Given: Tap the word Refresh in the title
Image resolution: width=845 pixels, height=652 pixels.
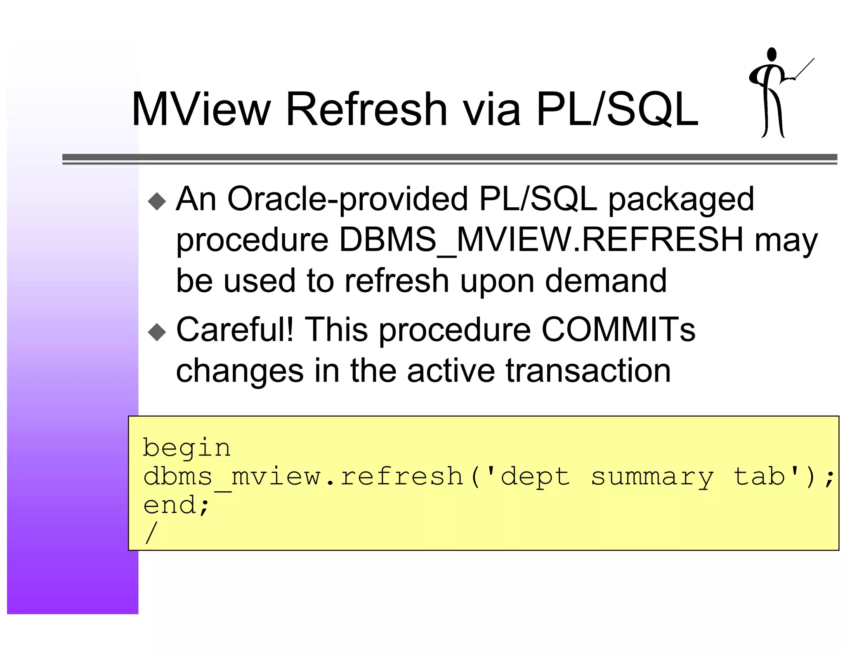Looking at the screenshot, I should (x=366, y=109).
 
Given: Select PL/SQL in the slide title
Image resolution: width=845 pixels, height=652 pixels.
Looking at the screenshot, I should (x=617, y=109).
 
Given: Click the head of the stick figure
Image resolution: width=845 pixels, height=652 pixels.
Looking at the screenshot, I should (x=771, y=55).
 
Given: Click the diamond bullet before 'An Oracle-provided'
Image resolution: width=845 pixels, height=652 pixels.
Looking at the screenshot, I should (x=157, y=202).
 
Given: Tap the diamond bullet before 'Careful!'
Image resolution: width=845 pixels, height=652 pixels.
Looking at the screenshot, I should (x=157, y=332).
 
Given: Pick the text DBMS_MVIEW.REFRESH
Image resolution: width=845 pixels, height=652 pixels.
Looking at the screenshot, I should (x=541, y=240).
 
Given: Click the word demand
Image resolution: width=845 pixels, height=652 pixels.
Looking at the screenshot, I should (x=605, y=281).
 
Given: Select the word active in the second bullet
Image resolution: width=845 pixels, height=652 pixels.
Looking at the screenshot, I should (x=451, y=371).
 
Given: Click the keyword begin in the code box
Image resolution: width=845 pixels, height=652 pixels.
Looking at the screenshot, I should (x=186, y=448).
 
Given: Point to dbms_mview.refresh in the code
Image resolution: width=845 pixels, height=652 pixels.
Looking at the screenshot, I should (x=303, y=477).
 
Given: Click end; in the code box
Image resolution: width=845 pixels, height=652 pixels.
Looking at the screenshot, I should (x=177, y=506).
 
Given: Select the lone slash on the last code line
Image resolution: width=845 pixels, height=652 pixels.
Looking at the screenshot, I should (x=151, y=533).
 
